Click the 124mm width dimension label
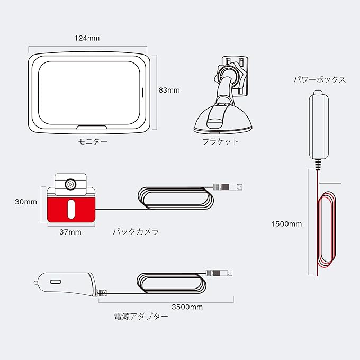coord(88,39)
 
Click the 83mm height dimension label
coord(169,90)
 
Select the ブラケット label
coord(220,141)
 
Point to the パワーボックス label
coord(320,80)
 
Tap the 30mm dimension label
coord(26,202)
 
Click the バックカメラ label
coord(136,232)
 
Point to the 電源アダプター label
coord(141,317)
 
